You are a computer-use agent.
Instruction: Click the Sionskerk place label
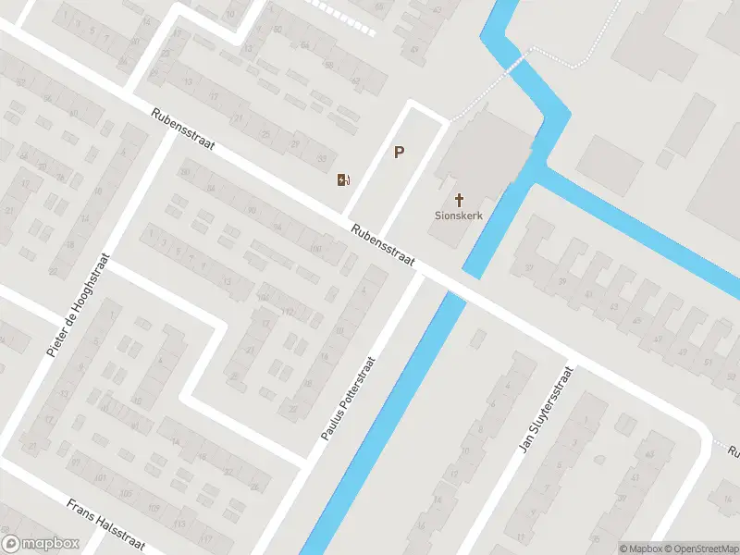click(x=460, y=216)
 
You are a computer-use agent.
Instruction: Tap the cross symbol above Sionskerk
click(x=460, y=199)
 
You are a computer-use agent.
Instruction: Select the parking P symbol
click(x=400, y=153)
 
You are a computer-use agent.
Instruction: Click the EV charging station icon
click(x=343, y=179)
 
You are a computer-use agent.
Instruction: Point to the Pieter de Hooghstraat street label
click(x=78, y=305)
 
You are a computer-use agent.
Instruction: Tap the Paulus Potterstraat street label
click(x=347, y=399)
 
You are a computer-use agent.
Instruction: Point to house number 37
click(x=530, y=268)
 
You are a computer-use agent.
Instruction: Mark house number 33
click(x=321, y=159)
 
